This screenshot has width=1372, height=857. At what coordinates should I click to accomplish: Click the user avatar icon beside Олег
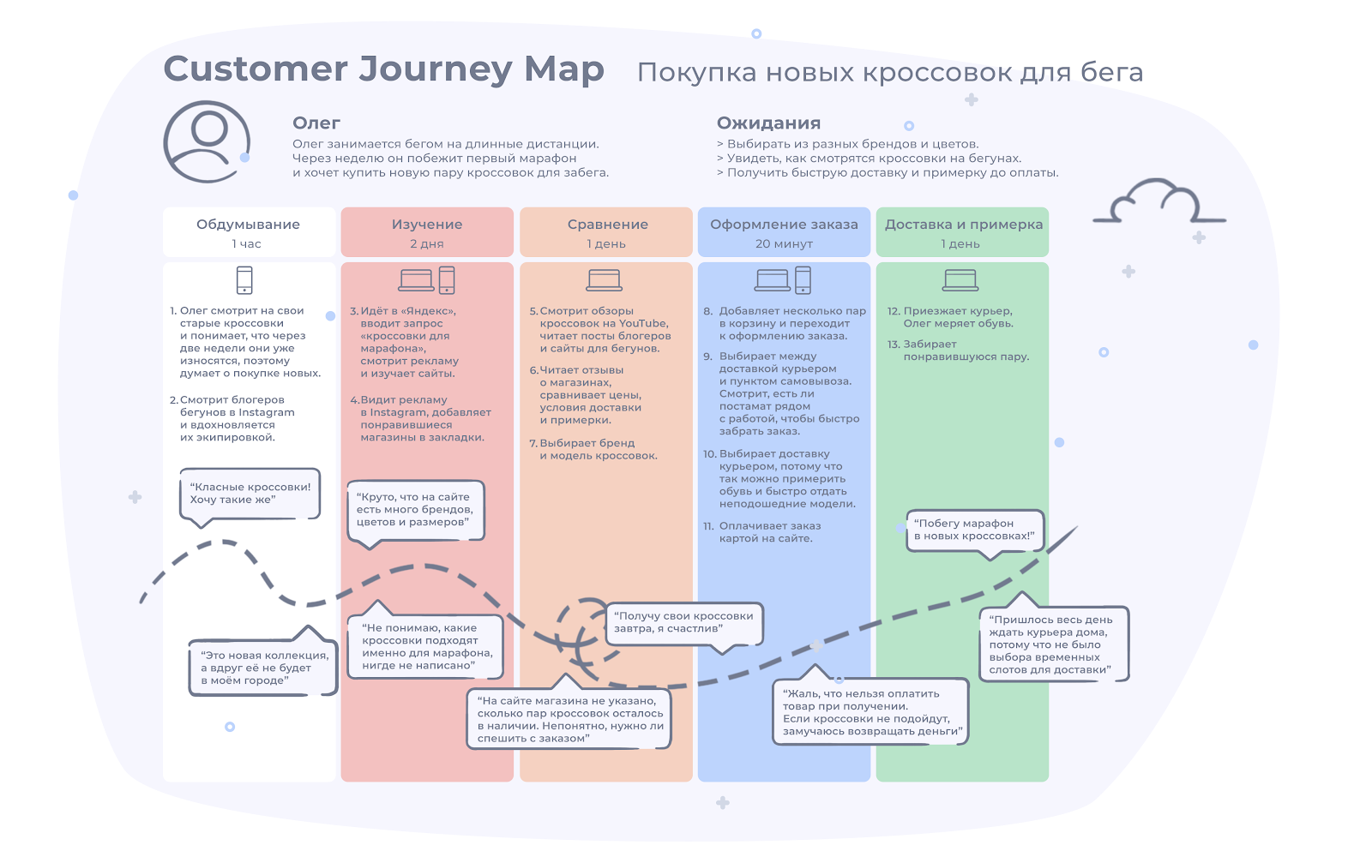tap(207, 141)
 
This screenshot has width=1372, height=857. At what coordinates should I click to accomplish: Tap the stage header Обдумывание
tap(248, 225)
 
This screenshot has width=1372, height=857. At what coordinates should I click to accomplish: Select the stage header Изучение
tap(427, 225)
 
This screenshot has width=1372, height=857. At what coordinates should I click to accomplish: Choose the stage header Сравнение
tap(607, 225)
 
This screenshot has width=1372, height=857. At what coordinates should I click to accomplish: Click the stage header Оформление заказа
tap(784, 225)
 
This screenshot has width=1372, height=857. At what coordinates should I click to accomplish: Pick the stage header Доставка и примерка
tap(964, 225)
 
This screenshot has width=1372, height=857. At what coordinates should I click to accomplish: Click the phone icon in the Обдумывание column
tap(244, 280)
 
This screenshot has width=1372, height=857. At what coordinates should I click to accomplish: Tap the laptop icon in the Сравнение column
tap(605, 280)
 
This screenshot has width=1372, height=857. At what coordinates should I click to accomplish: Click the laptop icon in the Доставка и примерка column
tap(960, 280)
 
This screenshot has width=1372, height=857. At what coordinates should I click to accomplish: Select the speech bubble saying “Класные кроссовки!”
tap(250, 494)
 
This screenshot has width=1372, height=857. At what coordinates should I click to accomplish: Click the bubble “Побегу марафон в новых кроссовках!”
tap(974, 530)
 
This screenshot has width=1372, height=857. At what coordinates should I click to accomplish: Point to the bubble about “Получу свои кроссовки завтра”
tap(683, 623)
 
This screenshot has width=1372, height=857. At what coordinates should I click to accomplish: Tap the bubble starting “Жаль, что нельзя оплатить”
tap(870, 713)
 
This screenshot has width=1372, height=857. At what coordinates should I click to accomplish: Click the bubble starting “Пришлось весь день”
tap(1053, 644)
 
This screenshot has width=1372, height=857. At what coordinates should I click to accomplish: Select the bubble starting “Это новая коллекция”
tap(263, 668)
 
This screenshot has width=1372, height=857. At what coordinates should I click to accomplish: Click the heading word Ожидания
tap(768, 123)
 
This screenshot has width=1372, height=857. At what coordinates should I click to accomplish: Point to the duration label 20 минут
tap(784, 244)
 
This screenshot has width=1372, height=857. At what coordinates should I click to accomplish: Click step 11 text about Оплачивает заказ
tap(769, 532)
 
